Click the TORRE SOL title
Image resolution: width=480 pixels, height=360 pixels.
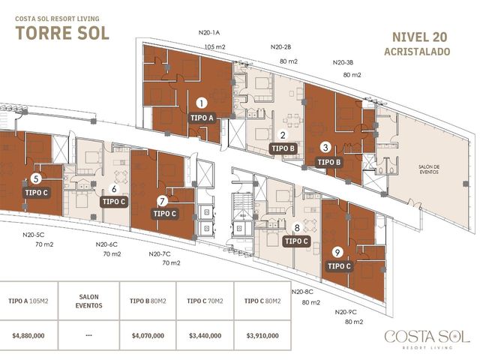click(62, 33)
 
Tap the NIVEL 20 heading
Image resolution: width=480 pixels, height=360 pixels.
click(420, 37)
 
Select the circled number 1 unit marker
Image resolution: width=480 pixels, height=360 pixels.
click(202, 103)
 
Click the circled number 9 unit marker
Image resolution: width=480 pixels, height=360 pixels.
click(337, 253)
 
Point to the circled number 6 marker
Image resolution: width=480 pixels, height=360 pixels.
click(114, 188)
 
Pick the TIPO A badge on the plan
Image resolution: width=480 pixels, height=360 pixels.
click(202, 118)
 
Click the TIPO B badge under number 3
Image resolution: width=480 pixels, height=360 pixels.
click(329, 162)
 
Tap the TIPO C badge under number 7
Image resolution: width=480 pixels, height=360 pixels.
click(165, 213)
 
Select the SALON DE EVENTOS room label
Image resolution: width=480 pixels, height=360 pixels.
click(429, 169)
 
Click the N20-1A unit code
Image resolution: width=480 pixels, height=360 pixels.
click(208, 33)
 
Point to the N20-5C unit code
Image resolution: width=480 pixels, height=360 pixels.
click(33, 235)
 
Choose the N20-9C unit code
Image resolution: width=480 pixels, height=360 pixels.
click(346, 312)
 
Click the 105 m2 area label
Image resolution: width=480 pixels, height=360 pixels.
click(215, 47)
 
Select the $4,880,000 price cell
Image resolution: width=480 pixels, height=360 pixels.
click(28, 335)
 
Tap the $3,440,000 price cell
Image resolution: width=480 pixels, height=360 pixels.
click(205, 335)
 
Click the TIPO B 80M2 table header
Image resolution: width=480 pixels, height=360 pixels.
click(148, 301)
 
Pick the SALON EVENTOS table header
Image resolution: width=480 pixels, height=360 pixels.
click(88, 301)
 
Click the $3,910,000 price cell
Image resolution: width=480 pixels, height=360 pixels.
click(262, 335)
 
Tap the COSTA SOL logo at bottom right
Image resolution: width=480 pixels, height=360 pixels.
click(427, 339)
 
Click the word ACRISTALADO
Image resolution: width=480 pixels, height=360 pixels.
click(417, 52)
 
